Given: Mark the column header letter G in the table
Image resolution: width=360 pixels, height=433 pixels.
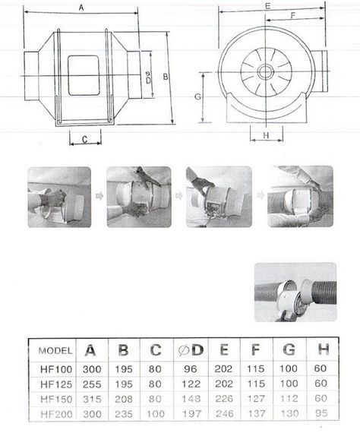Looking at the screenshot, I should coord(289,350).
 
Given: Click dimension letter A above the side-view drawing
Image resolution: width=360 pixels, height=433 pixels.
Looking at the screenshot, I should coord(81,8).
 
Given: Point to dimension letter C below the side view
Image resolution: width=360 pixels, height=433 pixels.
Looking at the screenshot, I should coord(85,139).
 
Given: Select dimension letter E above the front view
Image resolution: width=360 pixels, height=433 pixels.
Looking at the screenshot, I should coord(267,6).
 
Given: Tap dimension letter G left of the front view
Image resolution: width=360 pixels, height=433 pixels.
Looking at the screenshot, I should coord(197,97).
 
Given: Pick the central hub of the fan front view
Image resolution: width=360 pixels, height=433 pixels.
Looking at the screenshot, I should coord(266,73).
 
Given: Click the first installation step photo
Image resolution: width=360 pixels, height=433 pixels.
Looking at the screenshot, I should coord(58,197).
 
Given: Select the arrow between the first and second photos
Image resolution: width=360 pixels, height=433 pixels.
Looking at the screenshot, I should coord(98,196).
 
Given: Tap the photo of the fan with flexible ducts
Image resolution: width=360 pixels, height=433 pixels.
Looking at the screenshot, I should coord(294,292).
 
